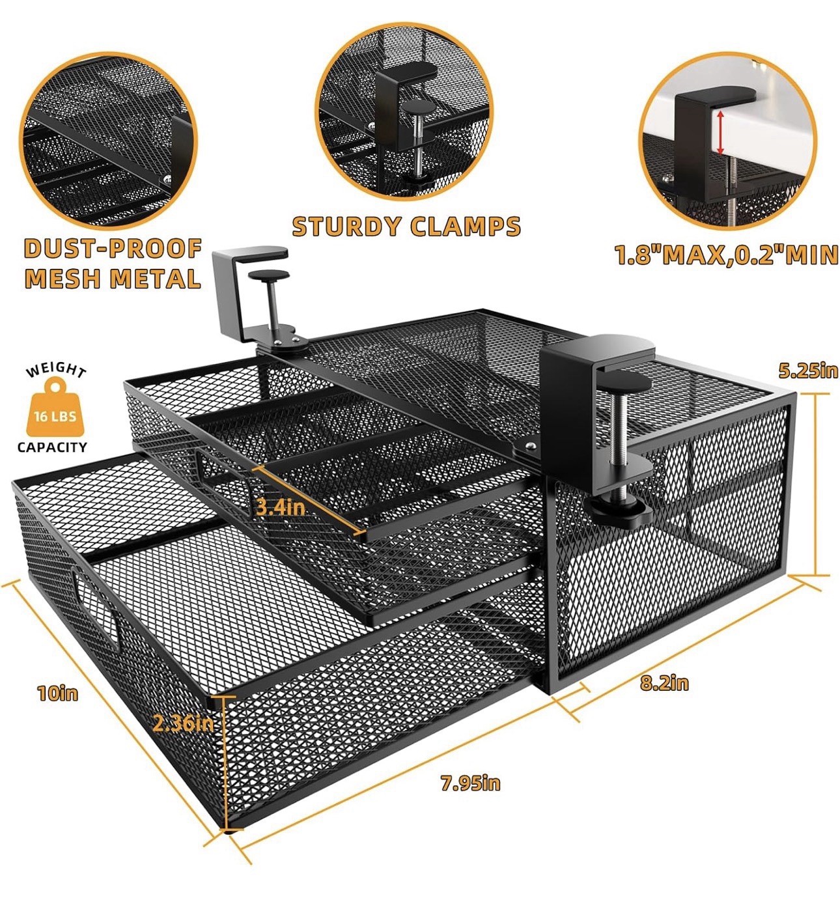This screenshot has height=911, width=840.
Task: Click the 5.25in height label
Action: [808, 370]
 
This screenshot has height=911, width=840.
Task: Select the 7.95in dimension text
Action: [470, 782]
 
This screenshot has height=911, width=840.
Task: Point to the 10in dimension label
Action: [58, 692]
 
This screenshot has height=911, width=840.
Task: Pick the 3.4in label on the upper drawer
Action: [280, 507]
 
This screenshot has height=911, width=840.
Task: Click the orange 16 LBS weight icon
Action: [55, 408]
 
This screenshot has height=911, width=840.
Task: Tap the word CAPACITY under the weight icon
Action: [52, 447]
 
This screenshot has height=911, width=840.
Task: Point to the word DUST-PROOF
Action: [113, 249]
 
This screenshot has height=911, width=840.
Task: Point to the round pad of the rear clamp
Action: [269, 275]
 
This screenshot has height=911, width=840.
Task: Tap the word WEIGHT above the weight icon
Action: [56, 370]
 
